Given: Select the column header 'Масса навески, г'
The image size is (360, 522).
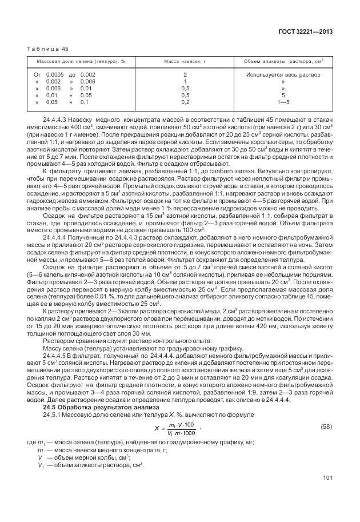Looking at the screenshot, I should (185, 61).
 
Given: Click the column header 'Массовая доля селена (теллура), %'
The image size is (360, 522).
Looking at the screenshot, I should (81, 61).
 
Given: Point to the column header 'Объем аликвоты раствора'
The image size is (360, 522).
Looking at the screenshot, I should (283, 61).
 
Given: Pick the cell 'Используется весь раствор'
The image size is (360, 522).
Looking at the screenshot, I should (283, 75).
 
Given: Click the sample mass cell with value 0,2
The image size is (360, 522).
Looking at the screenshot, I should (185, 102).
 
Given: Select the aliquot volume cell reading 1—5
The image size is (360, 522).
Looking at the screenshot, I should (283, 102).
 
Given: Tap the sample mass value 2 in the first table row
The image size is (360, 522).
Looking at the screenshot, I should (185, 75).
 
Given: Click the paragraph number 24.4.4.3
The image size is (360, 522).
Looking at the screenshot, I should (55, 119).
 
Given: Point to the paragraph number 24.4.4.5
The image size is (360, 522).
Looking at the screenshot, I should (55, 356).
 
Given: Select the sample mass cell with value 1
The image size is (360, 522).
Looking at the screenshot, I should (185, 82).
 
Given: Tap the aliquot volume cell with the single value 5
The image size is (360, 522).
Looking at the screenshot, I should (283, 95).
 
